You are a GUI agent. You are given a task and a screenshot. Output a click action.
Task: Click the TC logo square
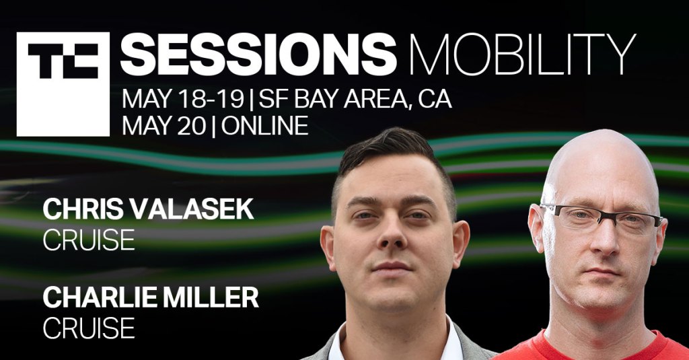pos(63,84)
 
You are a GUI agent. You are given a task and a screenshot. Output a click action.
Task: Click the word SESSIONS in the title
pos(258,54)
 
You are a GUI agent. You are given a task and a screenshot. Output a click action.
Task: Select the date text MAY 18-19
pos(183,99)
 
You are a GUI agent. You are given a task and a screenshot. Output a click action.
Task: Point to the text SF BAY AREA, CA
pos(355,100)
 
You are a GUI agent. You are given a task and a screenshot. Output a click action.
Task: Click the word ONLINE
pos(264,126)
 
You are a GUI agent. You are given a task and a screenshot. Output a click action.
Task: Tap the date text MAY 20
pos(164,126)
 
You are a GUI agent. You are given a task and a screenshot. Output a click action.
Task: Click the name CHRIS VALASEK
pos(149,209)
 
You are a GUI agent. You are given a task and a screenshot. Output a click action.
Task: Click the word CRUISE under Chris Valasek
pos(89,240)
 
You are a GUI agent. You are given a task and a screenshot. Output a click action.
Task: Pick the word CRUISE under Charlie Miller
pos(89,328)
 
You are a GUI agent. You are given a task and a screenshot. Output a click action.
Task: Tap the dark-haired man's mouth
pos(392,266)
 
